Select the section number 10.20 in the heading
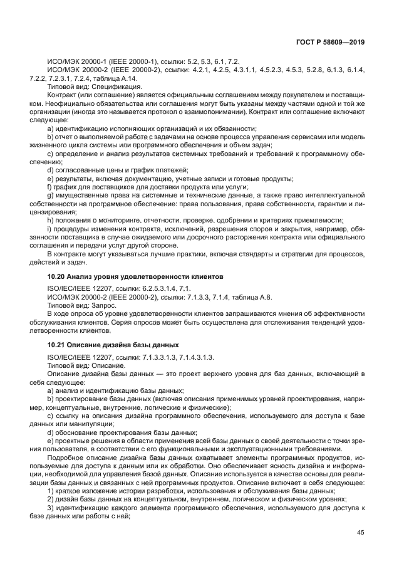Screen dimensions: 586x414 click(56, 276)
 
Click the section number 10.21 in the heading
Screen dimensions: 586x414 click(56, 345)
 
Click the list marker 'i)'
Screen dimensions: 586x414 click(49, 229)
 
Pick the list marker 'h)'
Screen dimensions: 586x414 click(49, 220)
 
